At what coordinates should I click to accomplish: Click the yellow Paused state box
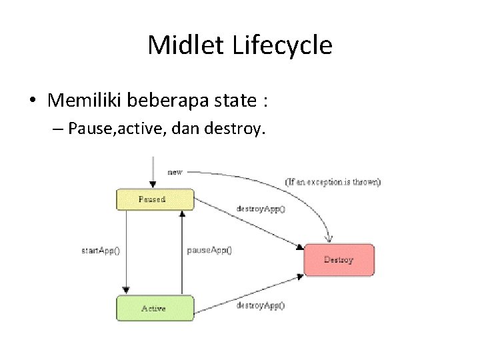tap(153, 199)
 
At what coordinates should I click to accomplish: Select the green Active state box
tap(153, 309)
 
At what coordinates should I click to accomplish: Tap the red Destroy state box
tap(339, 259)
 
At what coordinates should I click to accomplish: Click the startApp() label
tap(102, 251)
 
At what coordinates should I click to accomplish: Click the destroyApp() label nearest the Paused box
tap(261, 208)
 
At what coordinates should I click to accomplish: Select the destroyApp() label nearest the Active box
tap(261, 305)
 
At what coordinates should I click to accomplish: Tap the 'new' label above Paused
tap(175, 172)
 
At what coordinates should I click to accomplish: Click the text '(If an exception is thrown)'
tap(333, 181)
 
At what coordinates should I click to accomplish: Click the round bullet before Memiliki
tap(33, 101)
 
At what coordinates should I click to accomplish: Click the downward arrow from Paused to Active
tap(125, 253)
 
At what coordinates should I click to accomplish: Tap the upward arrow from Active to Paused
tap(182, 253)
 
